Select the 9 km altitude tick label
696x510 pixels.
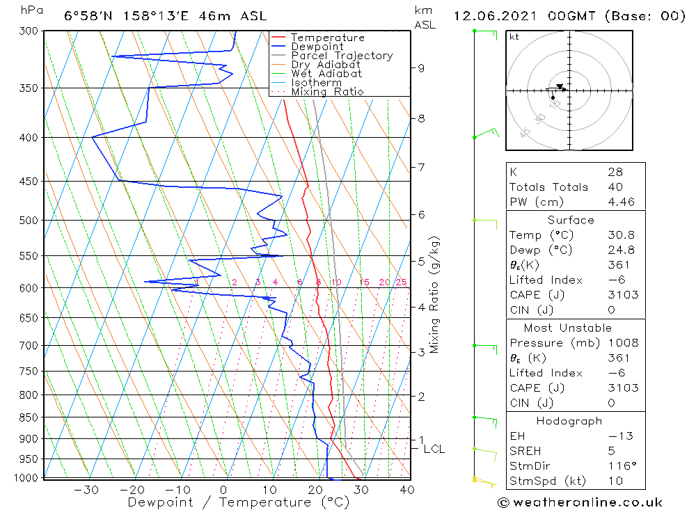(421, 68)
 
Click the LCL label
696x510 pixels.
(434, 449)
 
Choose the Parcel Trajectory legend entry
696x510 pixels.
(341, 56)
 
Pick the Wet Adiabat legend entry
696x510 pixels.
(326, 74)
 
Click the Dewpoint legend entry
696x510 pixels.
(317, 47)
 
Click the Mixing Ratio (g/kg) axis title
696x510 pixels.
(434, 294)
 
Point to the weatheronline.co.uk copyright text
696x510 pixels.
(580, 502)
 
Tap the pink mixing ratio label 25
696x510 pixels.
(401, 282)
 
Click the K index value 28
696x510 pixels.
(615, 172)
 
